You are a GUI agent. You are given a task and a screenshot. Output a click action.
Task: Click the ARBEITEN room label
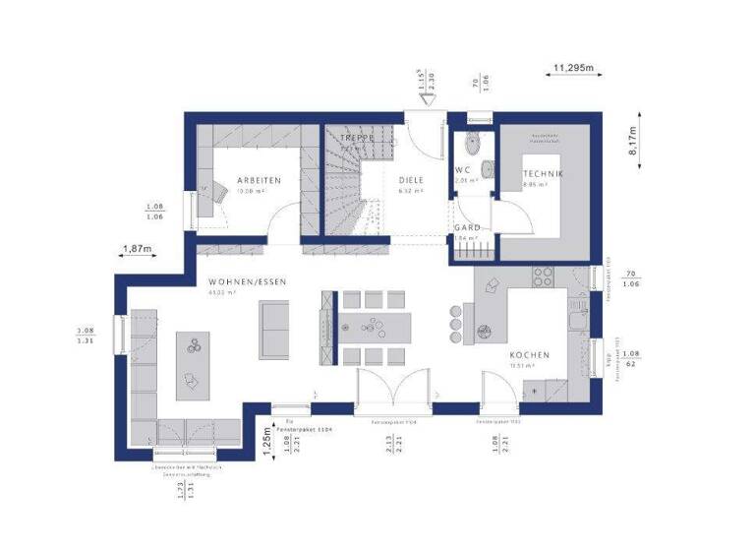259,180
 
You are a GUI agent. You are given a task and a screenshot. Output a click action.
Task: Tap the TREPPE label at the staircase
358,139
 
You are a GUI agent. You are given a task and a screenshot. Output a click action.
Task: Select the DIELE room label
412,180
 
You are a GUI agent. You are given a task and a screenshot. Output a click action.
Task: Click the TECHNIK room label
543,174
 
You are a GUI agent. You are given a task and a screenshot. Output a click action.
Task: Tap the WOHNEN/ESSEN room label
247,282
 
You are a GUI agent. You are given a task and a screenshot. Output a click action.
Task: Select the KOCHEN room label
529,354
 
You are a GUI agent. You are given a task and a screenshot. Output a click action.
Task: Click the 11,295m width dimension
573,67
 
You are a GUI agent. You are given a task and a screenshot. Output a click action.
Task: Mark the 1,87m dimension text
138,249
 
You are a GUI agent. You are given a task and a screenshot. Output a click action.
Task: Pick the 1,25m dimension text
266,437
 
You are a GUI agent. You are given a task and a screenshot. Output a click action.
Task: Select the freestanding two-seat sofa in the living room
273,327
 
